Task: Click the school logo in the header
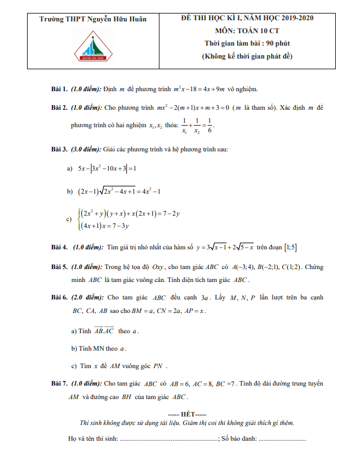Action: point(93,46)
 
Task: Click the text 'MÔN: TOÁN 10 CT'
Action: point(247,30)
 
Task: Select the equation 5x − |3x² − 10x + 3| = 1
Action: point(107,168)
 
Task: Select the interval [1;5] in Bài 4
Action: point(291,247)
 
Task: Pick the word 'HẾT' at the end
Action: point(180,414)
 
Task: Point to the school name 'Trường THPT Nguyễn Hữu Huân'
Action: point(93,19)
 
